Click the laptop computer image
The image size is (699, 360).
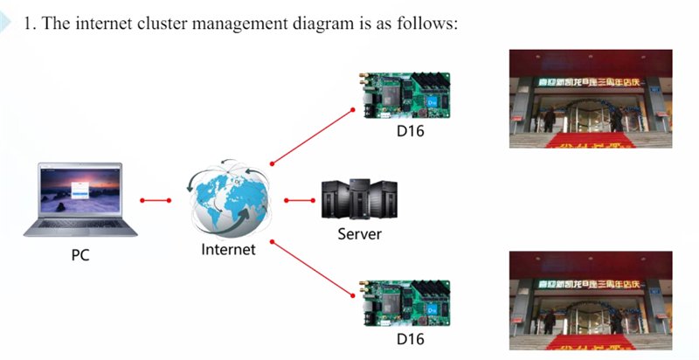pyautogui.click(x=81, y=198)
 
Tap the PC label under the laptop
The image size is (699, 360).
pyautogui.click(x=80, y=256)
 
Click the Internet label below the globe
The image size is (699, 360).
pyautogui.click(x=228, y=250)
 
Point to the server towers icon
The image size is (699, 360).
pyautogui.click(x=360, y=200)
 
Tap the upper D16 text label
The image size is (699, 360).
pyautogui.click(x=412, y=132)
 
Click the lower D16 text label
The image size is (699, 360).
pyautogui.click(x=412, y=336)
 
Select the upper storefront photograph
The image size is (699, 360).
pyautogui.click(x=591, y=98)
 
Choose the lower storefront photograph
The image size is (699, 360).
pyautogui.click(x=591, y=301)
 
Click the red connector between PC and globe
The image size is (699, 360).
pyautogui.click(x=156, y=200)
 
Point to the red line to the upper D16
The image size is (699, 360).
pyautogui.click(x=313, y=135)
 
